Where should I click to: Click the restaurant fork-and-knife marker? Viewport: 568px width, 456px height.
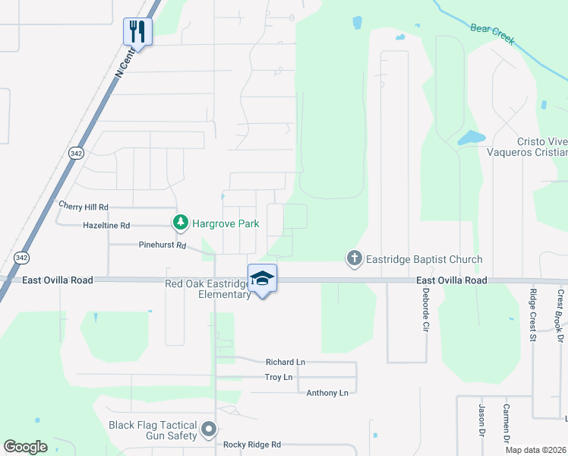click(137, 31)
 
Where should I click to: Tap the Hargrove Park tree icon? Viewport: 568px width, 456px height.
click(180, 223)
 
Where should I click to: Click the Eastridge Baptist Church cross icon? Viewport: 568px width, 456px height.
click(354, 259)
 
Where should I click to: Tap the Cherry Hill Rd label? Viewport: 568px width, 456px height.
click(84, 207)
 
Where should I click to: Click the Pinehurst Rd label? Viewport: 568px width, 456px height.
click(163, 245)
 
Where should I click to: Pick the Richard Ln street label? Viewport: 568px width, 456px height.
click(285, 363)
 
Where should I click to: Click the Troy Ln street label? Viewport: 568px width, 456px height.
click(278, 377)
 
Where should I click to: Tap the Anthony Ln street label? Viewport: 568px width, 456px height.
click(327, 393)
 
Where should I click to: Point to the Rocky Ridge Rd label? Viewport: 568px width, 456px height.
click(252, 445)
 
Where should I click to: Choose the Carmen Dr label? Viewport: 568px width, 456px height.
click(506, 423)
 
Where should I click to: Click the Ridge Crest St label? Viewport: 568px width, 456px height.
click(534, 315)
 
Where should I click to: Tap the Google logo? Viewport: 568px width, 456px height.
click(25, 447)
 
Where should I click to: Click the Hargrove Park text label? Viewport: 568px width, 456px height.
click(226, 223)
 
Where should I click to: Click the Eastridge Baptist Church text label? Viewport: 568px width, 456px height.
click(424, 260)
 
